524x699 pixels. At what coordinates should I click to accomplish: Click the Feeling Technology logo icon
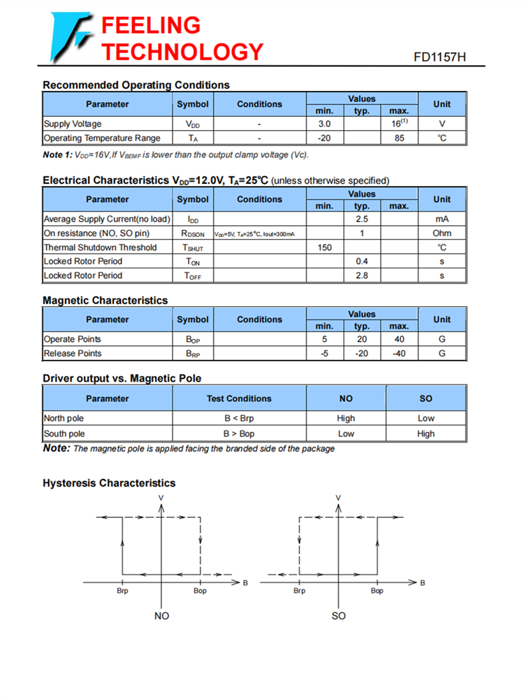70,36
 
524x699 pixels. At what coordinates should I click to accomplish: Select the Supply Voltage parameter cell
73,124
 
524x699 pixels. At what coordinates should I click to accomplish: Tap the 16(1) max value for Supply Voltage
399,123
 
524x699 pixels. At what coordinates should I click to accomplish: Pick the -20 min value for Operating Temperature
324,138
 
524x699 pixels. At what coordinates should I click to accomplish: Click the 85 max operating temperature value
399,138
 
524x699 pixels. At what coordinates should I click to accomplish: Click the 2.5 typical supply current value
362,219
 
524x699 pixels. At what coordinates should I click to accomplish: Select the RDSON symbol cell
193,233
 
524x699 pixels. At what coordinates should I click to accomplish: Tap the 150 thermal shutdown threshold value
324,247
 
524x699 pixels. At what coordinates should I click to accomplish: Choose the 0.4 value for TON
362,261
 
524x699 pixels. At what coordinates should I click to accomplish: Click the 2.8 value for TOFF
362,275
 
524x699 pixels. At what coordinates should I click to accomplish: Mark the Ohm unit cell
442,233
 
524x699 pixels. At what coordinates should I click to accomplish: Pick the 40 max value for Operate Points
399,339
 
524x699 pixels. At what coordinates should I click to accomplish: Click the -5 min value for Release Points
324,353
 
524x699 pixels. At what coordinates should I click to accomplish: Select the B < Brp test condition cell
239,418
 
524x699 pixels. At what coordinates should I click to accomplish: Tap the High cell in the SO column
425,433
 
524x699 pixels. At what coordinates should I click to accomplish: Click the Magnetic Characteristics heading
105,301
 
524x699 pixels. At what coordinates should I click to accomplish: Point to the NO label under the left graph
161,616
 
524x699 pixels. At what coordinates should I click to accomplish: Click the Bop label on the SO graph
377,591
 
